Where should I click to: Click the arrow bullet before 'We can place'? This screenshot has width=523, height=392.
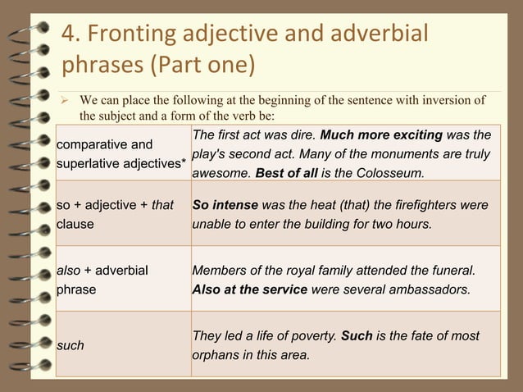(68, 101)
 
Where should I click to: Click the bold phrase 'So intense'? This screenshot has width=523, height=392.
(225, 204)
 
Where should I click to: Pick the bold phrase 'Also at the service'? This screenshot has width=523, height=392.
(249, 289)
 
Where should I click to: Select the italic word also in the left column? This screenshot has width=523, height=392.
(69, 270)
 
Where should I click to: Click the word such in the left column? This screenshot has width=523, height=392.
(70, 346)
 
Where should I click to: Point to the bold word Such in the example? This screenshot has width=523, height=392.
(356, 336)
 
